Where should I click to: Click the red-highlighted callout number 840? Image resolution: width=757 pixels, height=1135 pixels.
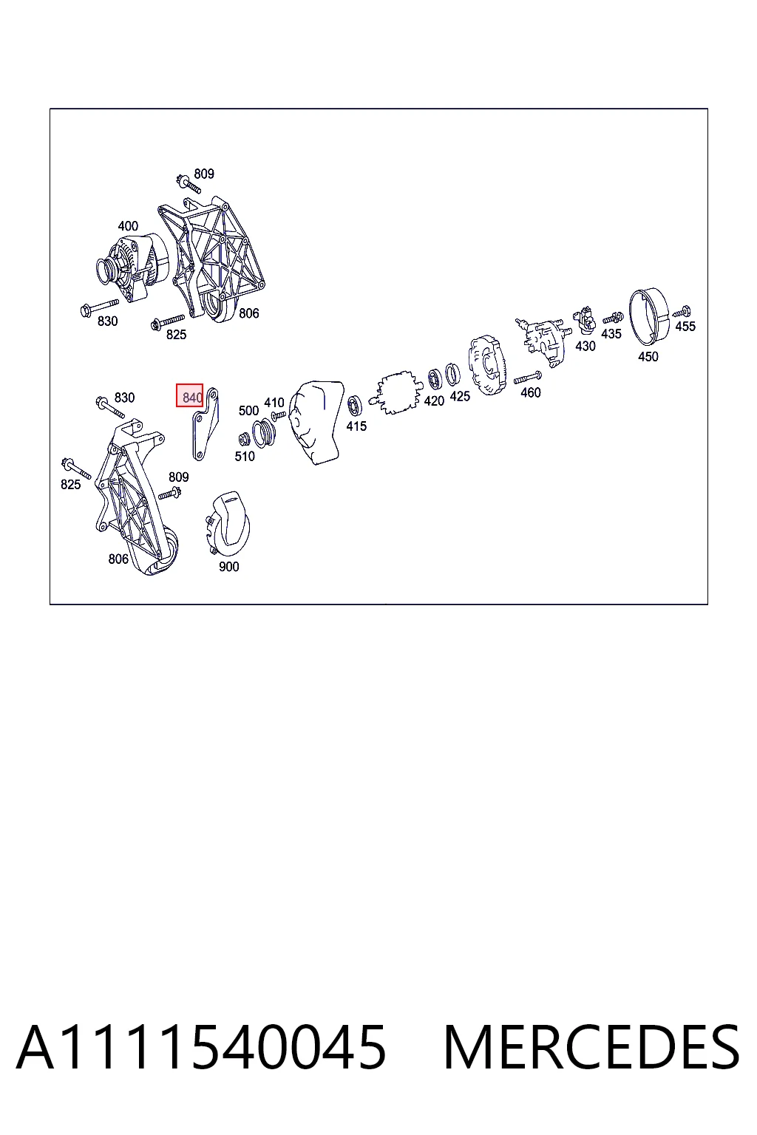pyautogui.click(x=192, y=398)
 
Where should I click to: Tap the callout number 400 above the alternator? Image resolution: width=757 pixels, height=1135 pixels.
pyautogui.click(x=128, y=226)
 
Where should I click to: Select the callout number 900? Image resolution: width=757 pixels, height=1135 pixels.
pyautogui.click(x=228, y=567)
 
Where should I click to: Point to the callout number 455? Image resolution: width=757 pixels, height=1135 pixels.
pyautogui.click(x=685, y=327)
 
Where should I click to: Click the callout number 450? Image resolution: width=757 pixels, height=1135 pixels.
pyautogui.click(x=648, y=357)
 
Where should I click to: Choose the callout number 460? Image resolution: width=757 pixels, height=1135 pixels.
pyautogui.click(x=530, y=392)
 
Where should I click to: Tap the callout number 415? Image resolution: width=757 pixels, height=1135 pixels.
pyautogui.click(x=356, y=426)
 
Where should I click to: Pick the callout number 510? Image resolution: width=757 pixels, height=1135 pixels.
pyautogui.click(x=245, y=457)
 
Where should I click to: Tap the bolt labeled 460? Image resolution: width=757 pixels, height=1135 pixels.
pyautogui.click(x=528, y=378)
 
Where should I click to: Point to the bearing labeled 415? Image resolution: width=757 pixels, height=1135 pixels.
pyautogui.click(x=355, y=407)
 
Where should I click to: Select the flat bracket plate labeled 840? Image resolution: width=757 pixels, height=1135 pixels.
pyautogui.click(x=205, y=424)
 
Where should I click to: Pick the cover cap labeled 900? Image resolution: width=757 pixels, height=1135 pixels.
pyautogui.click(x=228, y=525)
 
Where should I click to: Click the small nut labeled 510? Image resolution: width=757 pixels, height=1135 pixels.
pyautogui.click(x=244, y=440)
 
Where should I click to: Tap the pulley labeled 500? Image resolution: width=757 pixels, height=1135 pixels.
pyautogui.click(x=264, y=433)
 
